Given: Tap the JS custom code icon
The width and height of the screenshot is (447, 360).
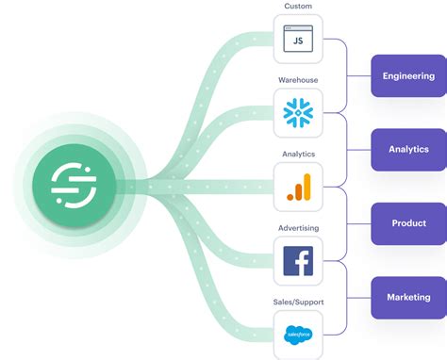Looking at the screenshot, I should (298, 40).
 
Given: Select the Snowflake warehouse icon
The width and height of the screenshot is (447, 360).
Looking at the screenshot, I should (298, 113).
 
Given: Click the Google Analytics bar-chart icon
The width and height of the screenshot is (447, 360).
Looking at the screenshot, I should (298, 187).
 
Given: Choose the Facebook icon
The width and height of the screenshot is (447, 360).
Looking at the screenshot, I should (298, 261).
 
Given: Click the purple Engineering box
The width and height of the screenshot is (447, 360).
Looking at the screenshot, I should (408, 75).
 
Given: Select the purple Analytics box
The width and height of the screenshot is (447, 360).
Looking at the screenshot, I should (408, 149).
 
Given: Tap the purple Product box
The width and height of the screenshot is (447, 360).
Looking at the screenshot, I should (408, 223).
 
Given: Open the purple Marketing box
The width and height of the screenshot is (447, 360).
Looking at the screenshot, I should (408, 297).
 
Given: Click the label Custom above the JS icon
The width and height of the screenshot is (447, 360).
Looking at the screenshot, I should (298, 7).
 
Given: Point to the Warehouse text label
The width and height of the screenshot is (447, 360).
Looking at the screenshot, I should (298, 80).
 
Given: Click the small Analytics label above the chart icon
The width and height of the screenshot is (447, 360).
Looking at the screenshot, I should (298, 154).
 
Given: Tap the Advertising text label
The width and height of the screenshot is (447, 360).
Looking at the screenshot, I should (298, 227).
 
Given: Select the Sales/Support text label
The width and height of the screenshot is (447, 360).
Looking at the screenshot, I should (298, 302).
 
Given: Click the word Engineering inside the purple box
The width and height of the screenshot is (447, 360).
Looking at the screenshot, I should (408, 75).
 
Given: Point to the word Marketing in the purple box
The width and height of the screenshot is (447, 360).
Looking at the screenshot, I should (408, 297).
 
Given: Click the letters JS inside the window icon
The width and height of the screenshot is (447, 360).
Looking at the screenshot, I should (298, 42).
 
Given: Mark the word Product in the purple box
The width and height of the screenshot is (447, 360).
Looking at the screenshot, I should (408, 223).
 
